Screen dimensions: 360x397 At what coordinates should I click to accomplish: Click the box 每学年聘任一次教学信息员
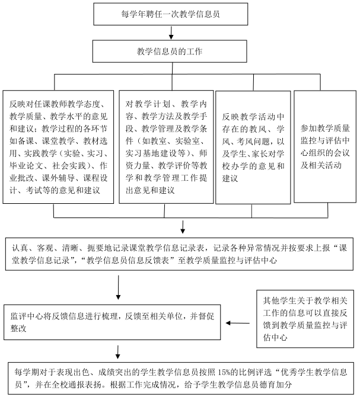pyautogui.click(x=170, y=14)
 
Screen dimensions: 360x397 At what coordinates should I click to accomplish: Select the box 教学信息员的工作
pyautogui.click(x=170, y=52)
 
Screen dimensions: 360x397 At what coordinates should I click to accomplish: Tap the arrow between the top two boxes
pyautogui.click(x=171, y=33)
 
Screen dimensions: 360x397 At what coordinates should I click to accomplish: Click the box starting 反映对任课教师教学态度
pyautogui.click(x=58, y=147)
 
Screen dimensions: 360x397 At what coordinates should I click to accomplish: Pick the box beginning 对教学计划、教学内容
pyautogui.click(x=166, y=147)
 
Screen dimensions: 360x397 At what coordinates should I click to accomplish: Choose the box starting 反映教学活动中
pyautogui.click(x=253, y=148)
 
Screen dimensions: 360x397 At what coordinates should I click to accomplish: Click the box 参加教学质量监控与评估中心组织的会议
pyautogui.click(x=325, y=146)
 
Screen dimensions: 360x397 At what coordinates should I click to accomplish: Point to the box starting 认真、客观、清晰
pyautogui.click(x=179, y=254)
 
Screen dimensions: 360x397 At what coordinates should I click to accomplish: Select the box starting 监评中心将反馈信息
pyautogui.click(x=112, y=322)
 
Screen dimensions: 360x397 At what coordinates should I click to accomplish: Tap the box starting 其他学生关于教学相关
pyautogui.click(x=305, y=319)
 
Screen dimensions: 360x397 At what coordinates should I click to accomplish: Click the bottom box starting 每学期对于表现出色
pyautogui.click(x=181, y=378)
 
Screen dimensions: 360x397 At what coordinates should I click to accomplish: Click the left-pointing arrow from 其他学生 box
pyautogui.click(x=238, y=323)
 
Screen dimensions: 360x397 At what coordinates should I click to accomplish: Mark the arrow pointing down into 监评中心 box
pyautogui.click(x=118, y=287)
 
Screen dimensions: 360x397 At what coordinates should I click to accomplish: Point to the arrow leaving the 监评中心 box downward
pyautogui.click(x=118, y=352)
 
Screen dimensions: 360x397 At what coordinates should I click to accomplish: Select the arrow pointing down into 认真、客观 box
pyautogui.click(x=183, y=227)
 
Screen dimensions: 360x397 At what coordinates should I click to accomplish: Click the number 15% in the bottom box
pyautogui.click(x=223, y=373)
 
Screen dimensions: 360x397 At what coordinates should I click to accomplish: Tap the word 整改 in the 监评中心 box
pyautogui.click(x=18, y=328)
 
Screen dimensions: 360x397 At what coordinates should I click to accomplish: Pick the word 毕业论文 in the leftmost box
pyautogui.click(x=26, y=165)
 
